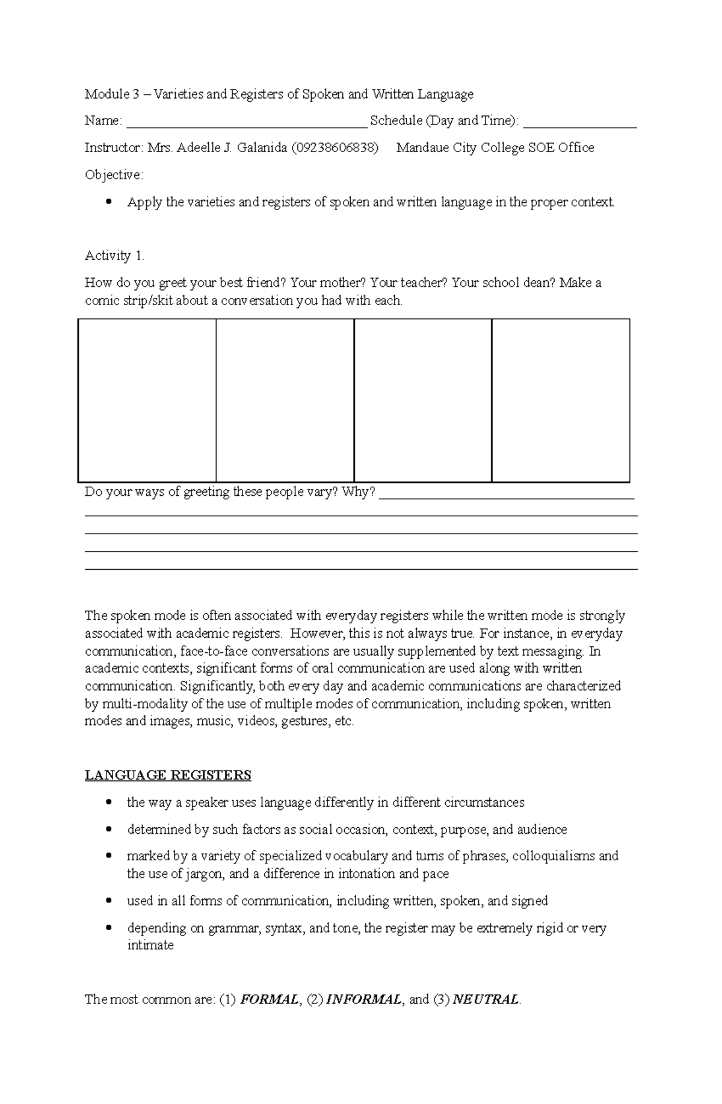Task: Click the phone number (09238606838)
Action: click(335, 148)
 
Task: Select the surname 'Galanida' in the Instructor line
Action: click(262, 148)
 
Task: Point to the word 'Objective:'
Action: click(114, 175)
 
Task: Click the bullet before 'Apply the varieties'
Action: click(108, 202)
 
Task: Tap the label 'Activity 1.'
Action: click(114, 256)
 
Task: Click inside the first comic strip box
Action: click(147, 400)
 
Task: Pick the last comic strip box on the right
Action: click(560, 400)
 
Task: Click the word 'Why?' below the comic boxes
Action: click(359, 493)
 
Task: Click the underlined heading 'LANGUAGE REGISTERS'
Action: click(168, 775)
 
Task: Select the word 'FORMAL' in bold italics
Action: click(269, 1000)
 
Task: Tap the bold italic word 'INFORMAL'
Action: click(363, 1000)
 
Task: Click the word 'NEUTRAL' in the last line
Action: click(485, 1000)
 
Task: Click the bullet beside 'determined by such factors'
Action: click(108, 830)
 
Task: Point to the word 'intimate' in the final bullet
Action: click(150, 946)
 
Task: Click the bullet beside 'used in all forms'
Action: click(108, 901)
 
